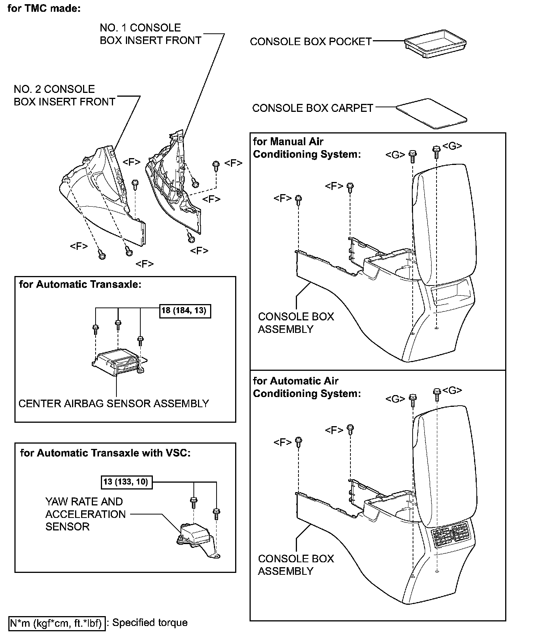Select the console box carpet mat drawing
click(432, 113)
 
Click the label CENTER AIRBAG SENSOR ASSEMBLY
click(114, 403)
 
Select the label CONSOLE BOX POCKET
click(311, 42)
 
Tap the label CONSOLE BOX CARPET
click(313, 108)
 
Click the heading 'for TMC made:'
click(44, 8)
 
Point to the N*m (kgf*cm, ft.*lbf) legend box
click(57, 623)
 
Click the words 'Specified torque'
click(150, 623)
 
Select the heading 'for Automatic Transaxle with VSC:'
click(105, 453)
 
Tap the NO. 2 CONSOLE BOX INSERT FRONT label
click(64, 96)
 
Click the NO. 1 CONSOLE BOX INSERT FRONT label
click(150, 34)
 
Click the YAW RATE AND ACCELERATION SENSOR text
click(85, 514)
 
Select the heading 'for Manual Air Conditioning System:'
click(306, 148)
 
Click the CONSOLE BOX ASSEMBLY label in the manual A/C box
click(296, 323)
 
